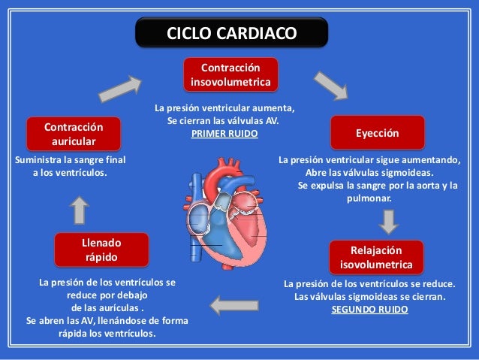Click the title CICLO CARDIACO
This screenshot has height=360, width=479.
tap(231, 33)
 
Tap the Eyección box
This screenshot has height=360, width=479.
tap(378, 132)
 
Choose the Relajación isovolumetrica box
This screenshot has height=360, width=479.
tap(376, 257)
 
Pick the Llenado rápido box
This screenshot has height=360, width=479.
tap(101, 250)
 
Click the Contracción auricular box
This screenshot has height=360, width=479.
tap(73, 133)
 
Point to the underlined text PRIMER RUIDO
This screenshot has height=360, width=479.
tap(224, 133)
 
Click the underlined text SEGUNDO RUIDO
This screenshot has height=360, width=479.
tap(369, 309)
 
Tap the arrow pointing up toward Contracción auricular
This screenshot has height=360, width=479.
tap(80, 210)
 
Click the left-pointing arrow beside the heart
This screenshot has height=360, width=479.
tap(233, 304)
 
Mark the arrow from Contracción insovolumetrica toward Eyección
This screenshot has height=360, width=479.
tap(330, 85)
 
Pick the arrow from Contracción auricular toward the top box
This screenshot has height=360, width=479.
tap(121, 88)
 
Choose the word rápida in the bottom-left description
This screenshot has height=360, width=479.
tap(74, 333)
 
